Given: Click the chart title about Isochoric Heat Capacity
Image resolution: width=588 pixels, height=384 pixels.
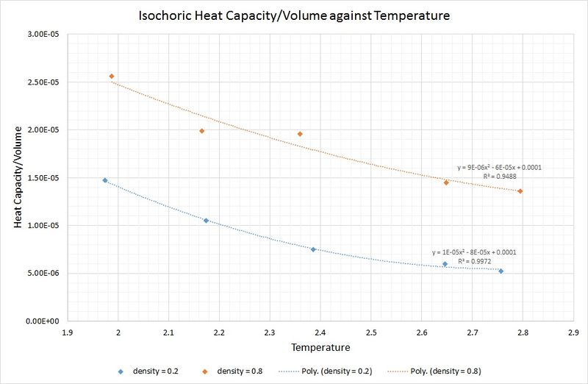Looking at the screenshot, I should [x=293, y=15].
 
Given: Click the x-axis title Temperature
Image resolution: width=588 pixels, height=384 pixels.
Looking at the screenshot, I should [x=320, y=346].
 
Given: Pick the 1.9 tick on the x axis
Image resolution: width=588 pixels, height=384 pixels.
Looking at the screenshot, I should [x=68, y=332].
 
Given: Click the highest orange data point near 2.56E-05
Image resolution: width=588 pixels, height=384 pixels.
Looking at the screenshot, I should [x=112, y=76].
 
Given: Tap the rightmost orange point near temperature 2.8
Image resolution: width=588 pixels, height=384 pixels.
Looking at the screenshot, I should [x=520, y=191].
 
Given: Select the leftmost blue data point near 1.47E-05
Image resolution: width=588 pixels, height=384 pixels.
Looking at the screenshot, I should [x=105, y=180].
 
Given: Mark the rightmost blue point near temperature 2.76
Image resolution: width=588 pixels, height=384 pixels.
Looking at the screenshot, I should [x=501, y=271].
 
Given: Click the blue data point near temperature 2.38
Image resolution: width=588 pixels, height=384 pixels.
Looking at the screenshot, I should [x=313, y=249].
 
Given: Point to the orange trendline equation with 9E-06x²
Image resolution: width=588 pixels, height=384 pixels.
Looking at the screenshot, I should [x=500, y=168].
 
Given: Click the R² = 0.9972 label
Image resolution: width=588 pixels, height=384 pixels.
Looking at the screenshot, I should [x=474, y=261].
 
